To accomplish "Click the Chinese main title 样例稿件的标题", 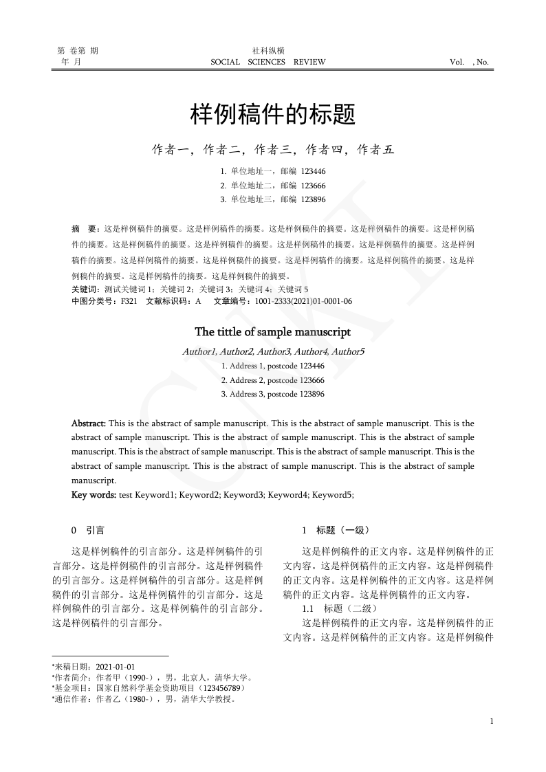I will tap(273, 115).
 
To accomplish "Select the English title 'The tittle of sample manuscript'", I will tap(273, 332).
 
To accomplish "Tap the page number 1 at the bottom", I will tap(492, 721).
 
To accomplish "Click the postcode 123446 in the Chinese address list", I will tap(314, 171).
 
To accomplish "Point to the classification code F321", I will tap(129, 301).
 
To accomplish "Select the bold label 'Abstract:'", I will tap(89, 423).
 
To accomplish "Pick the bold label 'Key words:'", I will tap(94, 495).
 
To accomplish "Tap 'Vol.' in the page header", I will tap(457, 62).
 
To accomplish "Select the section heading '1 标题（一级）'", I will tap(336, 531).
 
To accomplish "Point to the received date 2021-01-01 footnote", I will tap(116, 667).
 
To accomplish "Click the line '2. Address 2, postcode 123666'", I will tap(273, 380).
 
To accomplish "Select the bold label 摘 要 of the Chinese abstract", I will tap(85, 228).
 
